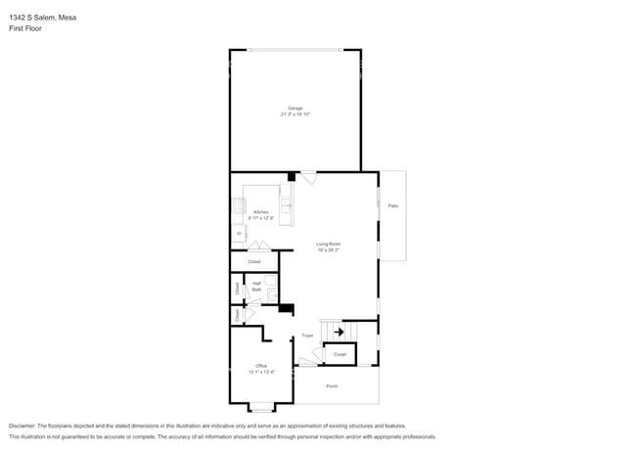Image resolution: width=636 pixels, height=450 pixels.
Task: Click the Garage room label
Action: coord(295,108)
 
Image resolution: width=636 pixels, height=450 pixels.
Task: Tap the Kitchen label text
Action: coord(260,212)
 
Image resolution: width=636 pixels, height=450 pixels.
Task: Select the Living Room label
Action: coord(328,244)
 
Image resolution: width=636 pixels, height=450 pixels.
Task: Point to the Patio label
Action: coord(392,205)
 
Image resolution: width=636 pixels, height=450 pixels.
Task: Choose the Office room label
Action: coord(261,366)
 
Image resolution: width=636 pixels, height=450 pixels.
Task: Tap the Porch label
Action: coord(332,386)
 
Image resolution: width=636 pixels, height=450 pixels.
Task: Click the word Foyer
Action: coord(307,335)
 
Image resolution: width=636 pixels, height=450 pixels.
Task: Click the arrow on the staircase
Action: coord(339,332)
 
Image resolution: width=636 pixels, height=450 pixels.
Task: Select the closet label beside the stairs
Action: coord(340,354)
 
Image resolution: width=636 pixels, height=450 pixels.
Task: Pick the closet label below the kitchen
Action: coord(254,262)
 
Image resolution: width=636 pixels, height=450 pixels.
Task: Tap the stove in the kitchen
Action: coord(237,205)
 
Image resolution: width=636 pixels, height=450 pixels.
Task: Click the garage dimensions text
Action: coord(295,114)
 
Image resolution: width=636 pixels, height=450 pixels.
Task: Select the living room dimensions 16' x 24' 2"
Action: coord(328,250)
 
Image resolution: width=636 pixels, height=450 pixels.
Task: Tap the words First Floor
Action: coord(26,28)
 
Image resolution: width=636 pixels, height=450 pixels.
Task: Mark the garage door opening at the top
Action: coord(295,50)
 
